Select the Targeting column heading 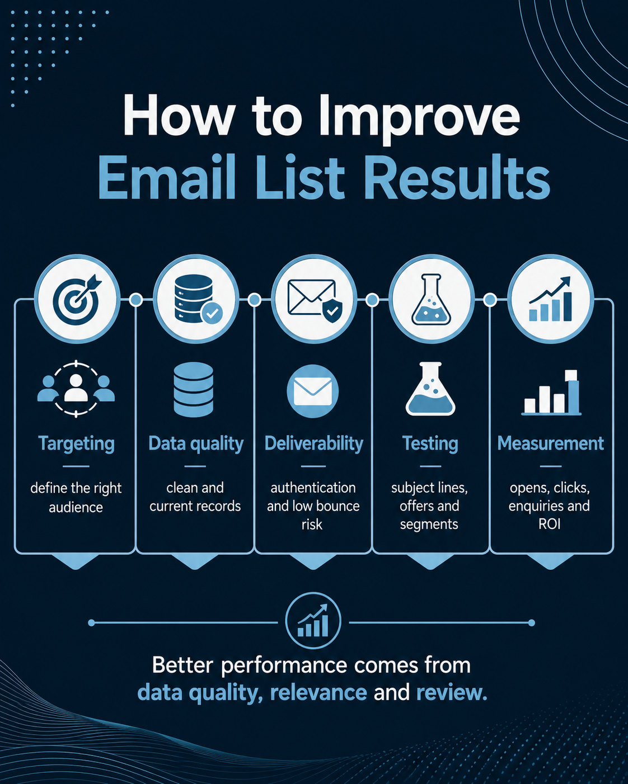pyautogui.click(x=76, y=444)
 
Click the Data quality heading pyautogui.click(x=196, y=444)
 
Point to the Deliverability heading pyautogui.click(x=313, y=444)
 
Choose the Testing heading pyautogui.click(x=430, y=444)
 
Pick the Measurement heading pyautogui.click(x=550, y=443)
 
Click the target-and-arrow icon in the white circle pyautogui.click(x=77, y=300)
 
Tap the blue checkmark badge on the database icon pyautogui.click(x=212, y=313)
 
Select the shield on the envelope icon pyautogui.click(x=332, y=311)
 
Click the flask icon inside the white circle pyautogui.click(x=431, y=299)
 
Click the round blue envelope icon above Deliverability pyautogui.click(x=312, y=391)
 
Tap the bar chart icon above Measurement pyautogui.click(x=551, y=393)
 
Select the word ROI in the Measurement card pyautogui.click(x=549, y=524)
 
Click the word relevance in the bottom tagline pyautogui.click(x=318, y=692)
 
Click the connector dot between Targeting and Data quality pyautogui.click(x=136, y=300)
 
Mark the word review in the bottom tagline pyautogui.click(x=452, y=692)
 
